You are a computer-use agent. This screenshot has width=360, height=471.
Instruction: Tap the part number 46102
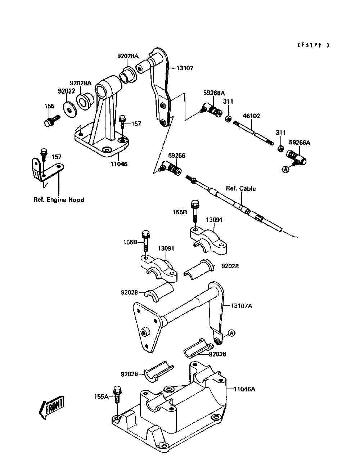[251, 116]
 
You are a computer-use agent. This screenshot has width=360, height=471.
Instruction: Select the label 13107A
[241, 306]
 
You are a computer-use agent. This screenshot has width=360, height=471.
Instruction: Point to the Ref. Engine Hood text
[59, 200]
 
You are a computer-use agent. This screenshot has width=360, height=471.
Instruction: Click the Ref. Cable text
[241, 189]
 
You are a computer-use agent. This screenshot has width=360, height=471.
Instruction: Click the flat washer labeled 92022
[70, 110]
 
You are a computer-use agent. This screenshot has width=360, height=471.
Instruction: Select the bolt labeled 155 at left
[52, 121]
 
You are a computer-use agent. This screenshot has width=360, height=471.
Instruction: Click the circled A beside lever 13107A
[231, 333]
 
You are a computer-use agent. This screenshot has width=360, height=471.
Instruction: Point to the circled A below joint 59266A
[285, 170]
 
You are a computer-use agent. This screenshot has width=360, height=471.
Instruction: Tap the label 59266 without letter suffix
[176, 156]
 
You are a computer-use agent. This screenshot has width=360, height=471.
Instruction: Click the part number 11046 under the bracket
[119, 164]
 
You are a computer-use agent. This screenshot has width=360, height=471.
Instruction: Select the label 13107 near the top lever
[185, 68]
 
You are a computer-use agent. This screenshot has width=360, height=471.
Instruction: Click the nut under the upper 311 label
[228, 118]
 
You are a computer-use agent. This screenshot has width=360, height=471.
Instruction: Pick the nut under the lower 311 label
[280, 148]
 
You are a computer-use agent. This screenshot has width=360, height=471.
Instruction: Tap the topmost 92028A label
[128, 56]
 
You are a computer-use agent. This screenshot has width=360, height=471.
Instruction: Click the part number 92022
[67, 91]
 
